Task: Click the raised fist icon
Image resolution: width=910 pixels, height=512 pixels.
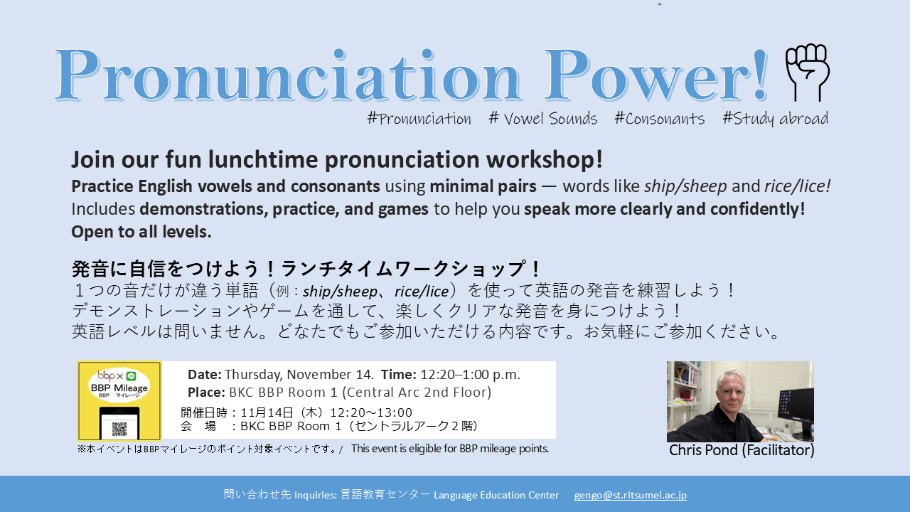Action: tap(808, 73)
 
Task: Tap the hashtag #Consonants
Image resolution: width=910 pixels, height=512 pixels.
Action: tap(660, 119)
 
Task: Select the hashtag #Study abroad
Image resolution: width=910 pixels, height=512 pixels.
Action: tap(775, 119)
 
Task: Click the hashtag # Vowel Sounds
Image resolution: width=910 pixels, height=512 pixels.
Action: tap(543, 119)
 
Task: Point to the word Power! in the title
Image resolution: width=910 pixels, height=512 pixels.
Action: tap(655, 75)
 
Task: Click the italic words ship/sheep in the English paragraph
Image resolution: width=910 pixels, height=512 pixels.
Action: tap(685, 186)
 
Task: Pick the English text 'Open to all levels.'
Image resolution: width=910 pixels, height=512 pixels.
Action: tap(141, 232)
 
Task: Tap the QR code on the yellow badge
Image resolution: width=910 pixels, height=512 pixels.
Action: tap(119, 428)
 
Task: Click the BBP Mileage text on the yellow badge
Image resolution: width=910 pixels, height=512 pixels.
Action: tap(119, 388)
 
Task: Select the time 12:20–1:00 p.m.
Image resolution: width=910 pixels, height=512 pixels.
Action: tap(470, 375)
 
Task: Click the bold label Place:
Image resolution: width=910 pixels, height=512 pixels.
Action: tap(206, 393)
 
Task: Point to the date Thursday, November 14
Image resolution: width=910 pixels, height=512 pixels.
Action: tap(299, 375)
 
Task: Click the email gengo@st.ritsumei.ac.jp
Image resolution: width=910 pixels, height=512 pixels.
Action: tap(631, 496)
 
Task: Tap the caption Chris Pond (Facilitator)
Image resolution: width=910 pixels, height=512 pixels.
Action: tap(742, 450)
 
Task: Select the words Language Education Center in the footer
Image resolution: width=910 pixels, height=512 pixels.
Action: tap(496, 496)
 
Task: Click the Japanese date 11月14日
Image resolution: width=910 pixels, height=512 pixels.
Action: tap(267, 413)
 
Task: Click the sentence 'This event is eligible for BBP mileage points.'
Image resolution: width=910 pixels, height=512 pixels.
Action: tap(450, 449)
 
